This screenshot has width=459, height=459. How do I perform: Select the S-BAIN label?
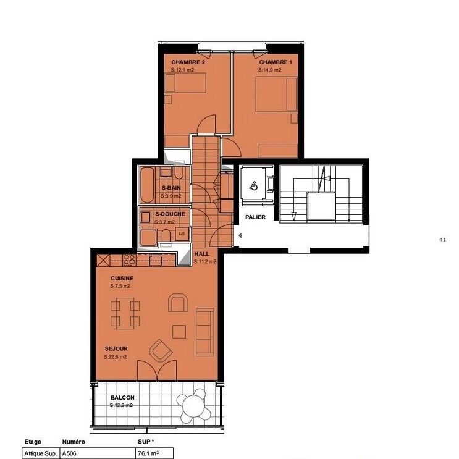pyautogui.click(x=171, y=188)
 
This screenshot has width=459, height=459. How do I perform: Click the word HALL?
pyautogui.click(x=201, y=254)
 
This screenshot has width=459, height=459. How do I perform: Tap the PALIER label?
pyautogui.click(x=255, y=217)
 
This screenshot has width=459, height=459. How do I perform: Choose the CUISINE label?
pyautogui.click(x=122, y=279)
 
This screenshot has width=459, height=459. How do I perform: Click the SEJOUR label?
pyautogui.click(x=116, y=348)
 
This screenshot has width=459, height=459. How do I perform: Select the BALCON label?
pyautogui.click(x=122, y=398)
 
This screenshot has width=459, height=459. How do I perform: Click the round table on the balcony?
pyautogui.click(x=193, y=405)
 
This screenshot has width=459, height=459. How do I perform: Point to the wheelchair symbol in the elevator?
pyautogui.click(x=253, y=185)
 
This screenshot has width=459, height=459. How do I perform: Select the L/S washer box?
pyautogui.click(x=182, y=234)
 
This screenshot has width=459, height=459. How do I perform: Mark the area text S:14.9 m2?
pyautogui.click(x=270, y=70)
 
